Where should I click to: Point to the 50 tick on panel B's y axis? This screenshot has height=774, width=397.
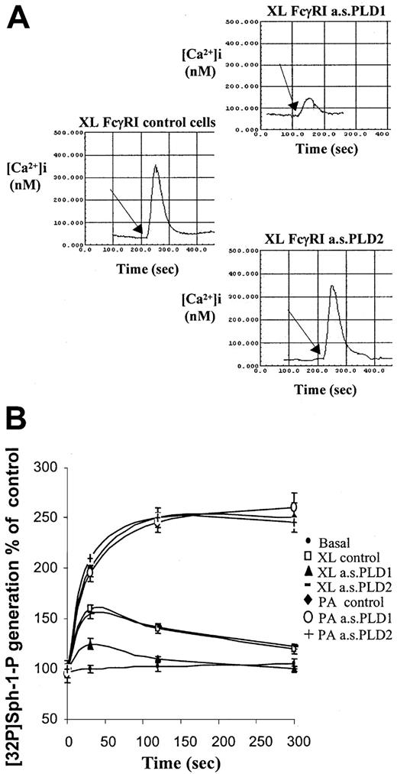click(51, 719)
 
